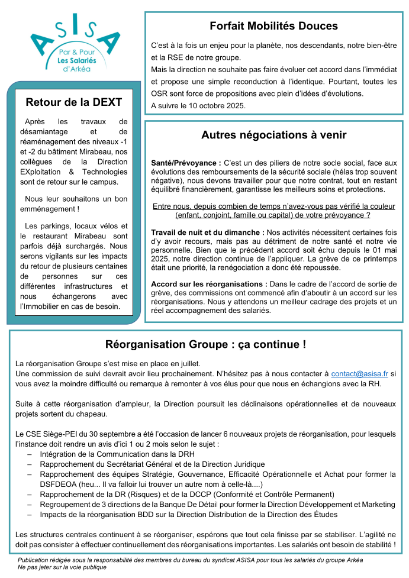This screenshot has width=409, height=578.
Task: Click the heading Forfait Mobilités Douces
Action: pos(273,26)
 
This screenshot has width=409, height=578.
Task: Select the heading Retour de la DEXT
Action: pos(74,102)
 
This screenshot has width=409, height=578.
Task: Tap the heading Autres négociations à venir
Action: pos(273,135)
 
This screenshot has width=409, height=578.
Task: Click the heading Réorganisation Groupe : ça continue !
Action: pos(205,344)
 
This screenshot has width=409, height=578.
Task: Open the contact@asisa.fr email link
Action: pos(359,374)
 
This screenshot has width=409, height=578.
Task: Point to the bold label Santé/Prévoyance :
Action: pos(186,163)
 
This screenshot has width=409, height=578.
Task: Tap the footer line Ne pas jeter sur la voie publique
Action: pos(62,567)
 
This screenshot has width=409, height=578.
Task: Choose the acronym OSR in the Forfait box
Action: pos(160,93)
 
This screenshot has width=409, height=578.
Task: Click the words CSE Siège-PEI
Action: pos(56,433)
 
